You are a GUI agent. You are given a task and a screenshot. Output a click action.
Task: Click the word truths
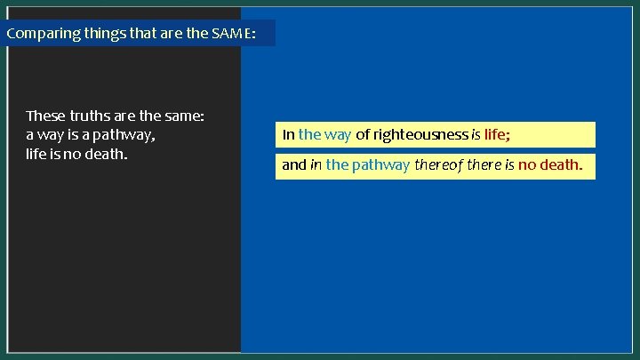(x=87, y=116)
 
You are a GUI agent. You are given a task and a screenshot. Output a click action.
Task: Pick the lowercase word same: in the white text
(x=185, y=116)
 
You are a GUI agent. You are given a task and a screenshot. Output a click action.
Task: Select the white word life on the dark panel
(x=36, y=154)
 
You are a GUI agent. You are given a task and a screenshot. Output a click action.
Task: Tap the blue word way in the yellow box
(x=338, y=135)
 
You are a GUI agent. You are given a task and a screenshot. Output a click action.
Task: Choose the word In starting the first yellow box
(x=288, y=135)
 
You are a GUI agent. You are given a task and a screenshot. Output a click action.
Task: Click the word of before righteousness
(x=362, y=135)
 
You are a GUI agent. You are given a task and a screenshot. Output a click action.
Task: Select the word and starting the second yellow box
(x=293, y=164)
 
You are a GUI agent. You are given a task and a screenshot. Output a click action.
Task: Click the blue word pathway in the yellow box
(x=380, y=164)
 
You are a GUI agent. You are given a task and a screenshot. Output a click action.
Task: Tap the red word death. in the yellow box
(x=563, y=164)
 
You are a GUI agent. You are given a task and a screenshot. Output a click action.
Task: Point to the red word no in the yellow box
(x=527, y=164)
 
